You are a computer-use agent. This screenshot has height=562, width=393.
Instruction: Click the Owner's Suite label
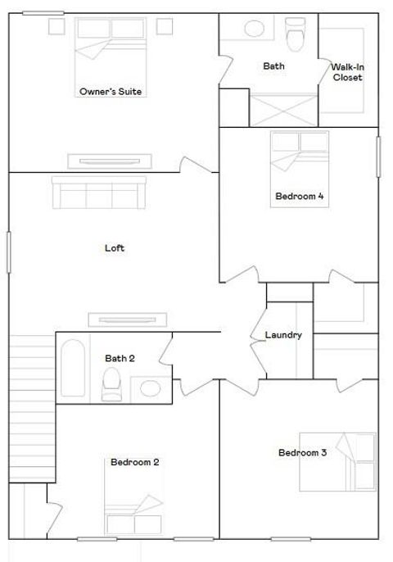pos(111,92)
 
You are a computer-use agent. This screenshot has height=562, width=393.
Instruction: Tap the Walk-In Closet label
pos(347,72)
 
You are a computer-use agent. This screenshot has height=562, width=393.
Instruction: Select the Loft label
pos(115,248)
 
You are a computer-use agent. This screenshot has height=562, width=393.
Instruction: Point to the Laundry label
pos(283,335)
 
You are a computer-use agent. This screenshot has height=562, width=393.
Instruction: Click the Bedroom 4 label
pos(301,196)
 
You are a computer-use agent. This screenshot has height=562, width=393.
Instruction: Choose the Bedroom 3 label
pos(303,453)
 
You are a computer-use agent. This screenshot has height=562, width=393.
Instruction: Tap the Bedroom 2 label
pos(135,462)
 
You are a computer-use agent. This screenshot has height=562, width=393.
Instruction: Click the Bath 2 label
pos(120,358)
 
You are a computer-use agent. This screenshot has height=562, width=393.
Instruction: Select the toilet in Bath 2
pos(111,384)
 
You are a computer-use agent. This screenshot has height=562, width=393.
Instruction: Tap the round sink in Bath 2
pos(150,388)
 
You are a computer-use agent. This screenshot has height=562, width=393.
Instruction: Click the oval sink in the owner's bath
pos(254,29)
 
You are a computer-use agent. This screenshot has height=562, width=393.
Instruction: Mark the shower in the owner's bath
pos(282,111)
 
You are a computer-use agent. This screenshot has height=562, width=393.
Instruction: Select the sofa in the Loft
pos(99,193)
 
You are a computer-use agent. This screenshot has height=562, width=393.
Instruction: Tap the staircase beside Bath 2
pos(32,409)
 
